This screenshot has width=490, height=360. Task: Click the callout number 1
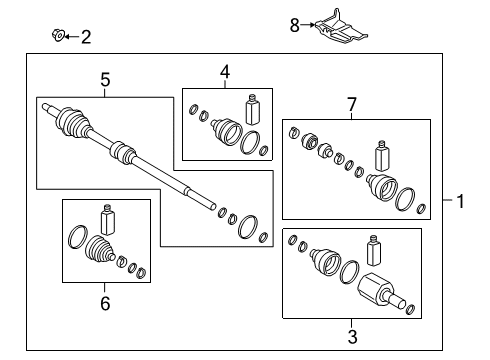coord(460,201)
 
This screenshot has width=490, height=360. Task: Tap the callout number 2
coord(86,37)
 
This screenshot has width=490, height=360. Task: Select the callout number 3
coord(352,336)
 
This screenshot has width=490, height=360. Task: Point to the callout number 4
coord(225,72)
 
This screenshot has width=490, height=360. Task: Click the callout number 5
coord(105,80)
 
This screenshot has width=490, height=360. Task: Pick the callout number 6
coord(105,304)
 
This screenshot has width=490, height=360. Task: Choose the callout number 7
coord(352,104)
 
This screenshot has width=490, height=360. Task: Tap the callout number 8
coord(295,25)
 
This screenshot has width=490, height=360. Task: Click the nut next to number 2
coord(58,35)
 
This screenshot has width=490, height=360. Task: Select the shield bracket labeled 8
coord(340,28)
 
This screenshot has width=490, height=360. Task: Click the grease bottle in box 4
coord(252,109)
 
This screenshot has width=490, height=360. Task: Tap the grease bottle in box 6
coord(108,219)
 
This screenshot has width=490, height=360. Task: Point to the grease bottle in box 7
coord(382,156)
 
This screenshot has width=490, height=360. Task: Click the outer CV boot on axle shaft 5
coord(73,122)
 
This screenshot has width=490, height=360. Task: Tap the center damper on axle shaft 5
coord(123,152)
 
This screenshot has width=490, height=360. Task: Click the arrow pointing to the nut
coord(72,36)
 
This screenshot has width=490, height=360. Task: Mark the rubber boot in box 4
coord(226,131)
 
